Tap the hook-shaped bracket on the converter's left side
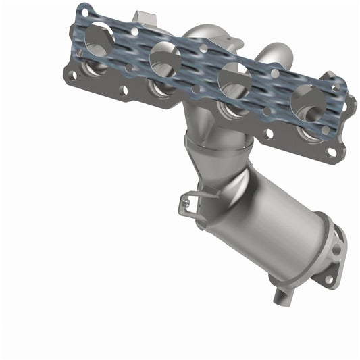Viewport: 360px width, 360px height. (x=190, y=201)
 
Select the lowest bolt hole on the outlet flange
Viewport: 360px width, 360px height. (x=329, y=279)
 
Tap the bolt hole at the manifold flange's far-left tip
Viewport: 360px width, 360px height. (x=72, y=75)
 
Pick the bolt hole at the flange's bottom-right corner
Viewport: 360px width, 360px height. (x=332, y=153)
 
